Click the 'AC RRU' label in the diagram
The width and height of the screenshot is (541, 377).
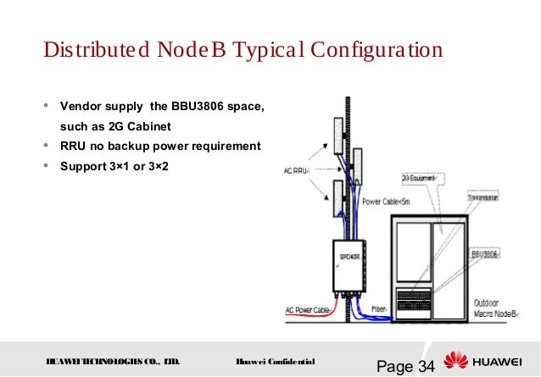pos(296,169)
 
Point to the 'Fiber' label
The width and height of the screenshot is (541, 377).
pos(380,309)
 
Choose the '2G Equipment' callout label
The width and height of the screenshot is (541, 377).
pos(416,179)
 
